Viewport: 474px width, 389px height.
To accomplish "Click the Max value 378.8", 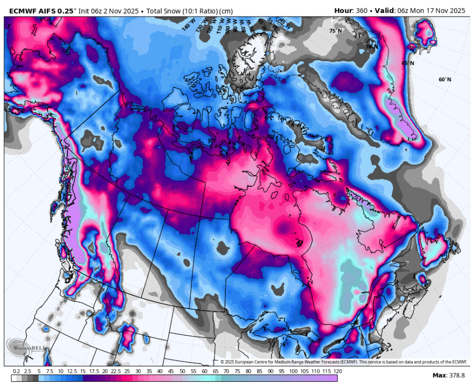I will pos(456,375).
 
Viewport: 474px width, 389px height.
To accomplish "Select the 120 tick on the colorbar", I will pos(338,372).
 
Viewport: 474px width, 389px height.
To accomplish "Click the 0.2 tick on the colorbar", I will pos(17,372).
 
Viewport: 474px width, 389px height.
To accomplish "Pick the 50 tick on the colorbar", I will pos(183,372).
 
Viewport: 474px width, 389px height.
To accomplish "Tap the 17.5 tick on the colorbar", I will pos(94,372).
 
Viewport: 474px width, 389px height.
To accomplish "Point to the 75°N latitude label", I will pos(336,31).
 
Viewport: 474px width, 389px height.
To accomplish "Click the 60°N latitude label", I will pos(444,79).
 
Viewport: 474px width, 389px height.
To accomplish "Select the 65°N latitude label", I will pos(408,63).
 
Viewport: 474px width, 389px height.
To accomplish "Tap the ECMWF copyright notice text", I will pos(343,362).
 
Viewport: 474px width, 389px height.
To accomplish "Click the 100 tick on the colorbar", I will pos(294,372).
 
